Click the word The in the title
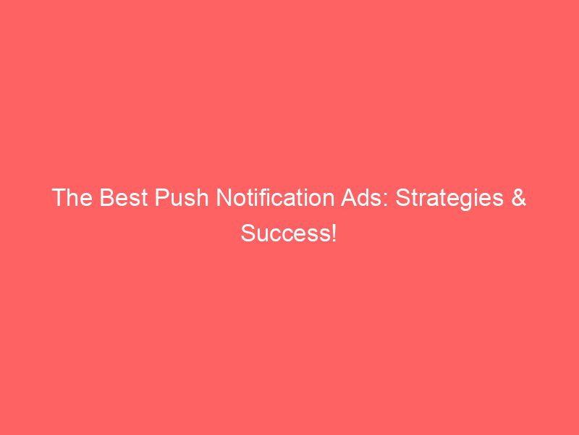70,199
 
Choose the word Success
285,233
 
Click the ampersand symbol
517,199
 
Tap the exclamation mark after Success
334,233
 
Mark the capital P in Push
156,199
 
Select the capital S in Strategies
402,199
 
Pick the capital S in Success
248,233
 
